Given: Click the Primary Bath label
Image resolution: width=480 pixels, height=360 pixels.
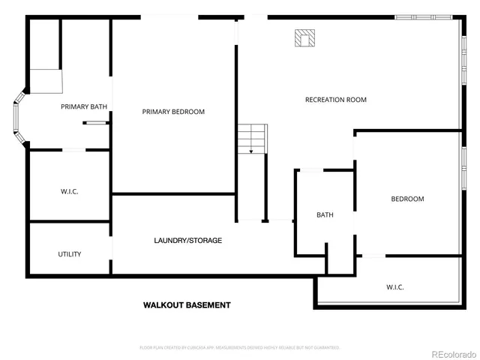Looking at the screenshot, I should point(84,107).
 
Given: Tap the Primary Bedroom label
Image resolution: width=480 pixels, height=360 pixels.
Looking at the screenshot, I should point(173,112).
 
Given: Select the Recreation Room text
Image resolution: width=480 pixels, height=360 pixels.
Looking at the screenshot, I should point(335,100).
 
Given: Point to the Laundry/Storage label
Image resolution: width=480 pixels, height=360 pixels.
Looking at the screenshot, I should point(187,241).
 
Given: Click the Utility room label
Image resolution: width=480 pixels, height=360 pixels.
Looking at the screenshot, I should point(70,254).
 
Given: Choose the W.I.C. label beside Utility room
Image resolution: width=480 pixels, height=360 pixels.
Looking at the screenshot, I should point(69,192).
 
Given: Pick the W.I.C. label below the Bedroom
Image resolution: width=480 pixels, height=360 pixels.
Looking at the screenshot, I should point(395,287).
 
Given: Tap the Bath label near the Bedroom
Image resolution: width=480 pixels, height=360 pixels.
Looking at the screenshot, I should point(325,215).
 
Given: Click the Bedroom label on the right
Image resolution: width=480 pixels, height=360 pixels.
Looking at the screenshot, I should point(407,199).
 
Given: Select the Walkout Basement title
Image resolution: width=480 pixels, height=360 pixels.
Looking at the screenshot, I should point(187,305).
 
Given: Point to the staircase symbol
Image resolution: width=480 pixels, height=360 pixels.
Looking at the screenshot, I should point(252,139).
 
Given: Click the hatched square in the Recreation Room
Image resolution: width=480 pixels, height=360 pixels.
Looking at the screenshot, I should point(304,38).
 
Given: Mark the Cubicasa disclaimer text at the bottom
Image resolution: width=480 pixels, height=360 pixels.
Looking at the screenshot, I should point(240,348).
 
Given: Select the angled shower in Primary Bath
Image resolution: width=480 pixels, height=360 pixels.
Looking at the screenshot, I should point(45,80).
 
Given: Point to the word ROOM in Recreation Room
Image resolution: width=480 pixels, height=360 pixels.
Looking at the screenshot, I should point(356,100).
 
